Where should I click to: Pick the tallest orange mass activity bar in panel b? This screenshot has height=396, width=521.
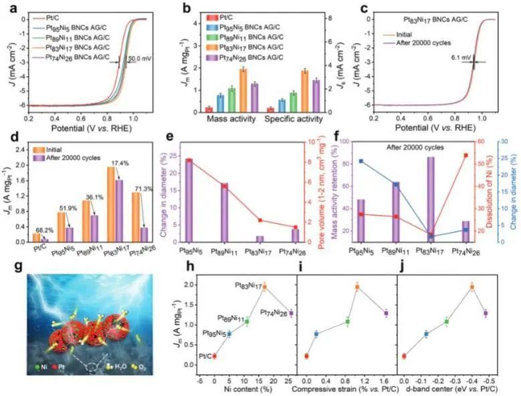coord(243,89)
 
